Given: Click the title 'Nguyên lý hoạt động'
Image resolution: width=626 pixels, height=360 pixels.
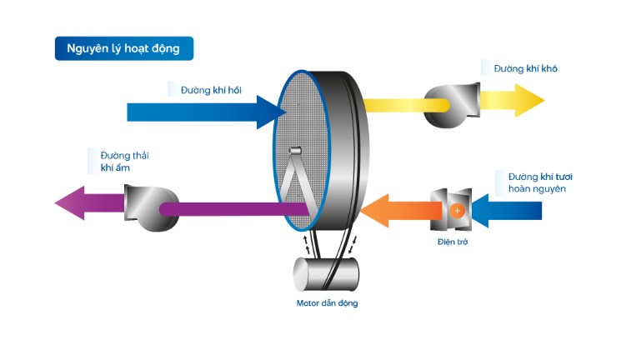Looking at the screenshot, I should (123, 49).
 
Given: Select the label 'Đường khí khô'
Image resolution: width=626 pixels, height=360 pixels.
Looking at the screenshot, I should (525, 67).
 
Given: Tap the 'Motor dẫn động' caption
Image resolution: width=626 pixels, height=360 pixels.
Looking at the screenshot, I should (327, 303).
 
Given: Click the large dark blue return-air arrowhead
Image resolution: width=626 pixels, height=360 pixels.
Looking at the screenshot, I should (270, 112).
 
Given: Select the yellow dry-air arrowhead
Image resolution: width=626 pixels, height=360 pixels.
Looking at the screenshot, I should (528, 101).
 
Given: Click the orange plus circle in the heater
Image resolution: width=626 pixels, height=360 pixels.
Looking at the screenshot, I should (457, 212).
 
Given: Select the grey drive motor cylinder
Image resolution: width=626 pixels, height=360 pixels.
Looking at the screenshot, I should (325, 273).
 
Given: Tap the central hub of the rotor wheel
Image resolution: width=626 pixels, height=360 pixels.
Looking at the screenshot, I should (293, 151).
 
